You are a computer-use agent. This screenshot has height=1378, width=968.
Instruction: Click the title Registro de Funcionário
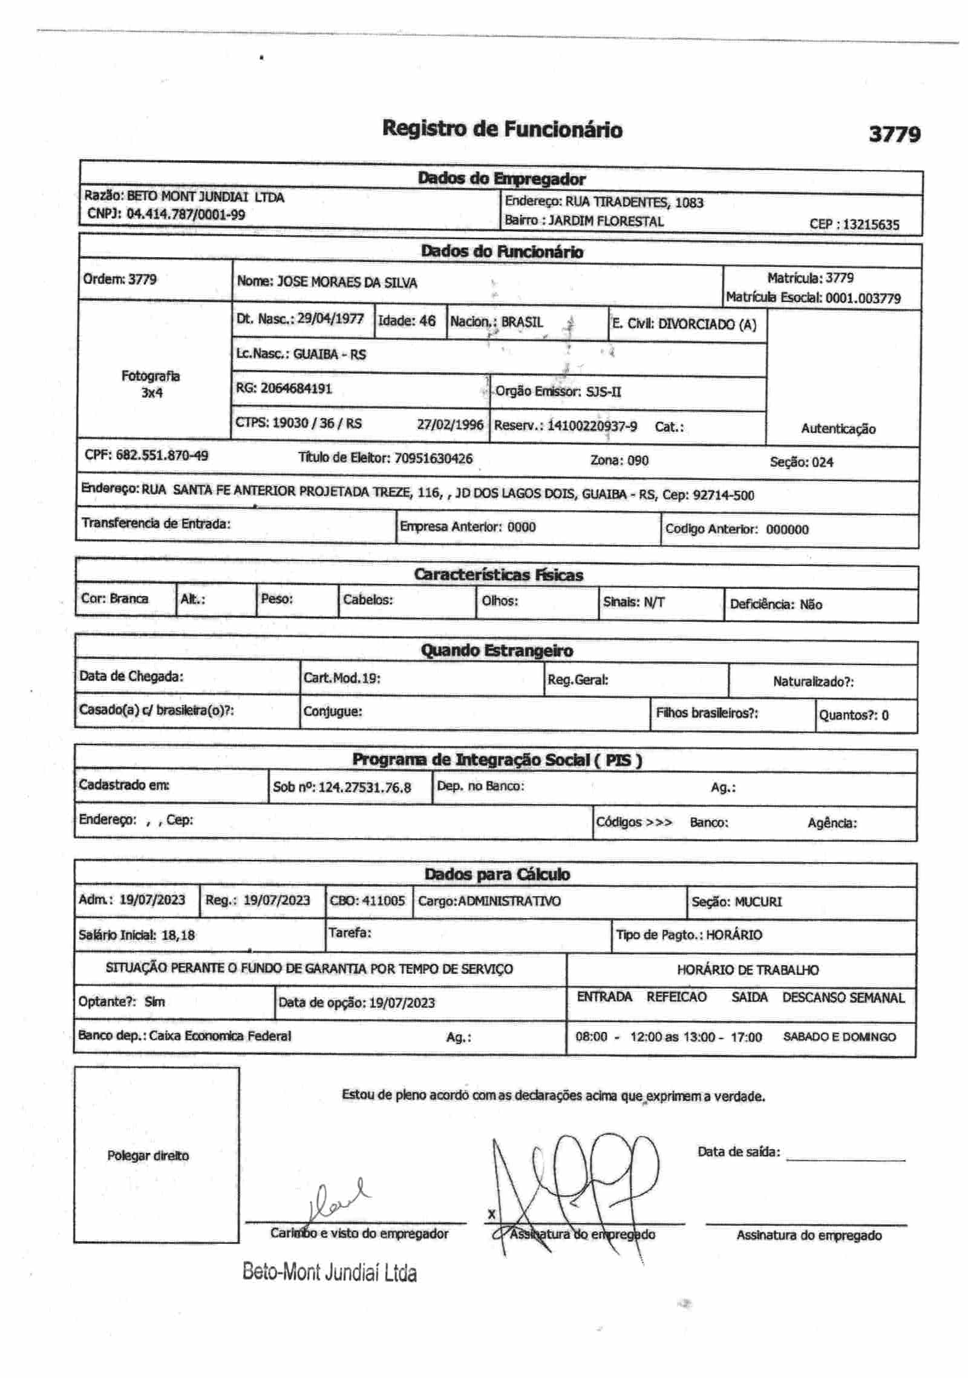pos(502,129)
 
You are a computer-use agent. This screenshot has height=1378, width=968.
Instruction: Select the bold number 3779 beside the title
pos(894,134)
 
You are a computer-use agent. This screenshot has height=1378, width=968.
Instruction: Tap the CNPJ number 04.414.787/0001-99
pos(186,214)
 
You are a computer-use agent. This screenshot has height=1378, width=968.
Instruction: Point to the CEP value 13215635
pos(871,225)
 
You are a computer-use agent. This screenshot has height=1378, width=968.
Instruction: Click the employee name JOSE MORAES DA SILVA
pos(347,283)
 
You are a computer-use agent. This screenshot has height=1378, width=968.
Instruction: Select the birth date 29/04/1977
pos(330,319)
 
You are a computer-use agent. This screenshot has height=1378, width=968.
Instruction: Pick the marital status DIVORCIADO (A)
pos(707,324)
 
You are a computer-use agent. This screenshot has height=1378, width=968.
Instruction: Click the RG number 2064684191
pos(296,389)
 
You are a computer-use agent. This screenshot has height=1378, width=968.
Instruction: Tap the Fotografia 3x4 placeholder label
pos(151,384)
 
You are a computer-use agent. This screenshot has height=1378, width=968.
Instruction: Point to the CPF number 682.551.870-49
pos(162,456)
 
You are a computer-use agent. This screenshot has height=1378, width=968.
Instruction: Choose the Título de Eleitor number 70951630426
pos(433,459)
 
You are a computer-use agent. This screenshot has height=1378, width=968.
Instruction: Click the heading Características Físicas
pos(498,575)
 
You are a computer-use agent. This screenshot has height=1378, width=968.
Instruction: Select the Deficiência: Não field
pos(776,605)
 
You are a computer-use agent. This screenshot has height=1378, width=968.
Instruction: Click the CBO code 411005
pos(384,901)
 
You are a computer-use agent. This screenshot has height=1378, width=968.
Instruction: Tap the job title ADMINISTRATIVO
pos(509,901)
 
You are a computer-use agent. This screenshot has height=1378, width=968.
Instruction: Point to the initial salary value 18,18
pos(178,935)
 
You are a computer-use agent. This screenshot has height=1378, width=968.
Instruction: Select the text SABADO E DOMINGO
pos(839,1037)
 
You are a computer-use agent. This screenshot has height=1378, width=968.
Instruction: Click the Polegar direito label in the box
pos(148,1156)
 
